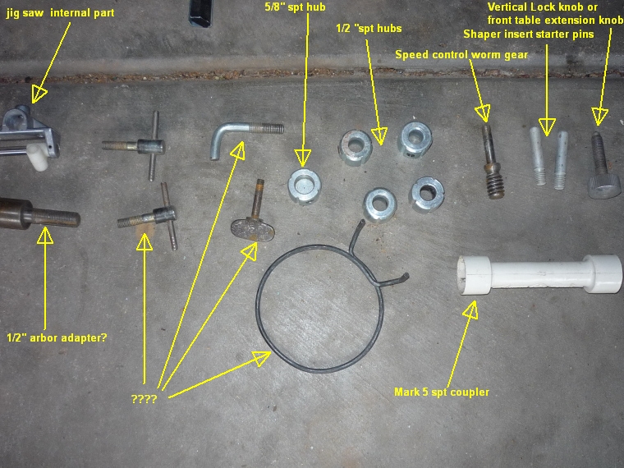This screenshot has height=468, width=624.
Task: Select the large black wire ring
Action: tap(259, 319)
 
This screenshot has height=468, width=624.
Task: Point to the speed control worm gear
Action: tap(492, 163)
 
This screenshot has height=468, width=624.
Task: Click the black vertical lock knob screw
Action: tap(602, 167)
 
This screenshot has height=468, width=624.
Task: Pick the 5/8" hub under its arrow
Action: tap(305, 186)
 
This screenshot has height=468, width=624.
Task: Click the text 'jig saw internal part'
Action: tap(60, 13)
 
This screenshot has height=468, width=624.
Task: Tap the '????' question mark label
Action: tap(144, 398)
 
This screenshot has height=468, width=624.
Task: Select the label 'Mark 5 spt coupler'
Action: tap(442, 392)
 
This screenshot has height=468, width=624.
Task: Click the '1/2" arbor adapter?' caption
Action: tap(57, 338)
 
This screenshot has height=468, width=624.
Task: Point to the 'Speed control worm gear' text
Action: tap(461, 54)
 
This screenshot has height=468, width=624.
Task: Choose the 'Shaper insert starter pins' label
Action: tap(529, 34)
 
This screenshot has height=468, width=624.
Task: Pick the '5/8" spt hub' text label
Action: tap(295, 7)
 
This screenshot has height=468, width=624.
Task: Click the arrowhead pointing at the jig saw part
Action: tap(39, 94)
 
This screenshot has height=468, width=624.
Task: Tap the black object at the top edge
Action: tap(200, 13)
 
